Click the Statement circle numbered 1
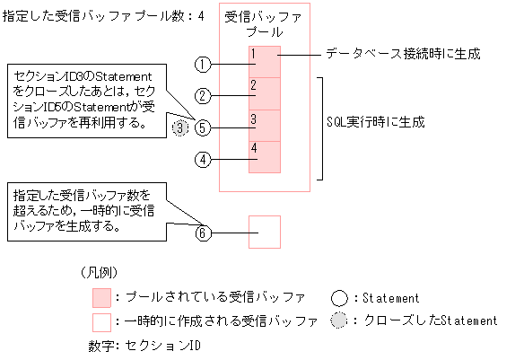(x=204, y=65)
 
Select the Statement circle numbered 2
(x=204, y=95)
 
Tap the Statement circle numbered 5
(x=204, y=127)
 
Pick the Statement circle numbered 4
(x=204, y=160)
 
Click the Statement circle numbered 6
(x=204, y=233)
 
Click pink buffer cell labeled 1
(x=265, y=62)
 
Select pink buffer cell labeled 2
(x=265, y=94)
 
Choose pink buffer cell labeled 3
(x=265, y=126)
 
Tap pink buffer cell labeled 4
(x=265, y=157)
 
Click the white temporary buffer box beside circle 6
(x=265, y=232)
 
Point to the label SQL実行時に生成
(x=376, y=120)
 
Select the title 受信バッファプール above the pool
(x=265, y=24)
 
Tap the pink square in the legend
(x=101, y=297)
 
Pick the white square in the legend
(x=101, y=320)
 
